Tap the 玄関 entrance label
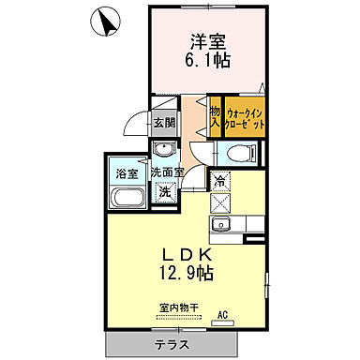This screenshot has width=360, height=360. pos(165,122)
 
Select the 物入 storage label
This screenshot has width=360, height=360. pos(214,116)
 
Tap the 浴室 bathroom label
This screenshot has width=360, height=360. pos(126,173)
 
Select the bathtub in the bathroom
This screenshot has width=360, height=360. pos(126,198)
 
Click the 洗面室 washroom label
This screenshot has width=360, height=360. pos(166,173)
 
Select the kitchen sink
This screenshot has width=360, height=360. pos(223,225)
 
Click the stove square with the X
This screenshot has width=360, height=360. pos(221,202)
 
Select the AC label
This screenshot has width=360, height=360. pos(223,315)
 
